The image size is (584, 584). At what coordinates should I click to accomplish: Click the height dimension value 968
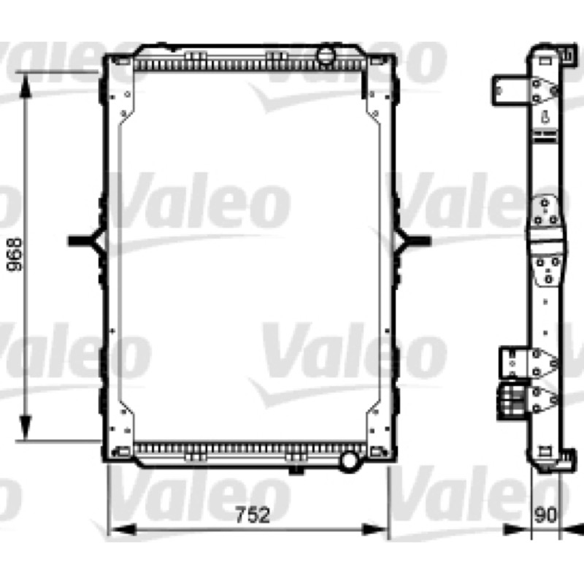(16, 255)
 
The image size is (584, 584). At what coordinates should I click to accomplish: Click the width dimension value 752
(253, 515)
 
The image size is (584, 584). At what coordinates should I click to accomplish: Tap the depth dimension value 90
(545, 515)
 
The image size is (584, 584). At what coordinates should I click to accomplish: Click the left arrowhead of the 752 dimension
(121, 529)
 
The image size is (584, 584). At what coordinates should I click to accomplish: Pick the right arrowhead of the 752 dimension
(374, 529)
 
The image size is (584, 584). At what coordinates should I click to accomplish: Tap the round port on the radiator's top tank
(326, 55)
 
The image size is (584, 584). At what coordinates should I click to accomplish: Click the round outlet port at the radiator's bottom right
(349, 461)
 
